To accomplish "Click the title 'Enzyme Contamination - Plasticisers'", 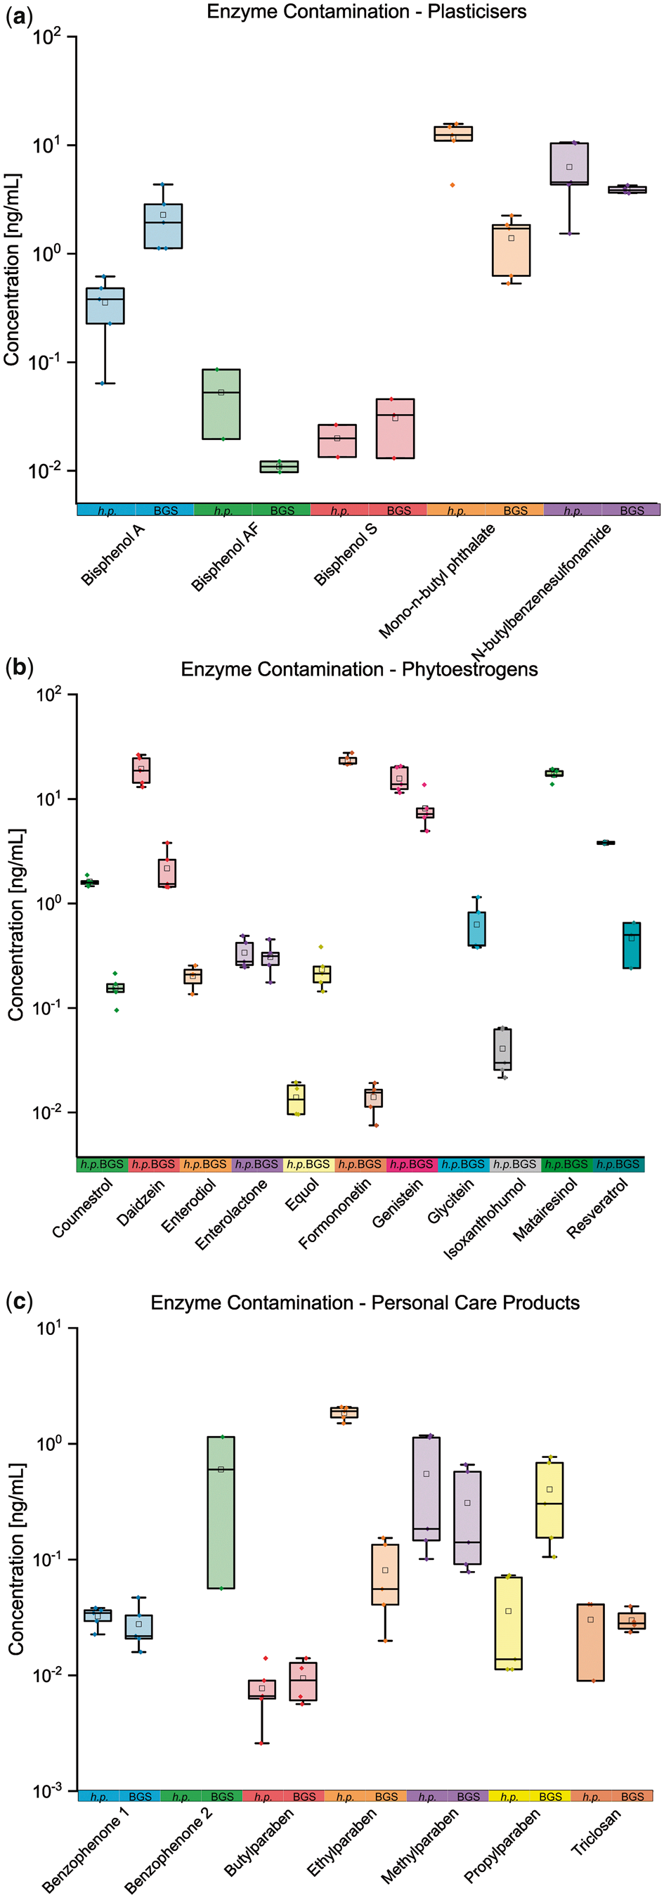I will (x=366, y=12).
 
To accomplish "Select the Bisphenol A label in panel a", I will (x=112, y=555).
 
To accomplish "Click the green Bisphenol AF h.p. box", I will (x=221, y=404).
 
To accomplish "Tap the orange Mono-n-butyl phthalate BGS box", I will (x=511, y=250).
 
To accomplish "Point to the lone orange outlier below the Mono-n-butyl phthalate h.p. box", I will (x=453, y=185).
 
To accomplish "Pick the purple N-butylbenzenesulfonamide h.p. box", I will (x=569, y=164).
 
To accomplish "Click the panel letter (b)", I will (x=19, y=668).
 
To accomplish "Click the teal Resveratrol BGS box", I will (x=631, y=945).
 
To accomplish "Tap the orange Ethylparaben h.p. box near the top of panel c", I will (x=344, y=1412).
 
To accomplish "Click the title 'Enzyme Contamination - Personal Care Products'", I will (x=365, y=1303).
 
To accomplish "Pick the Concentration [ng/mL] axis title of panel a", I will (x=12, y=270).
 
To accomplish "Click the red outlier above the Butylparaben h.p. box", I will (x=266, y=1658).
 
